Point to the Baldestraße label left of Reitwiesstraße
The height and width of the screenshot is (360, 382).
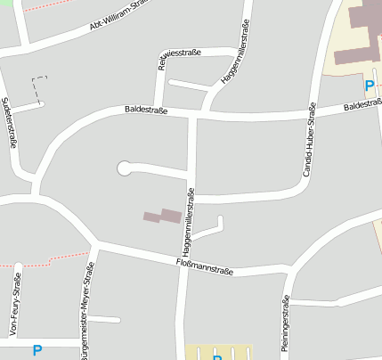pos(147,110)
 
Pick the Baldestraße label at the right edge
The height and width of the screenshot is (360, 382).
pos(362,105)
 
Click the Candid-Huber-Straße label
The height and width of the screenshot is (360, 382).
pos(310,139)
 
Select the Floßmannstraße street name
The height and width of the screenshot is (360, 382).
pos(205,265)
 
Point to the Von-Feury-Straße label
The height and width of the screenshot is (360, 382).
pos(15,307)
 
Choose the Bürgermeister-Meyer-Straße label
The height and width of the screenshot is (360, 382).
pos(85,315)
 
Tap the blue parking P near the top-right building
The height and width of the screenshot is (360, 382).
pos(369,86)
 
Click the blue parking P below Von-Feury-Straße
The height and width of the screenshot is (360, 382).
pos(37,351)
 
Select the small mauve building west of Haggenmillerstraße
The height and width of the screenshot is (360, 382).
pos(162,217)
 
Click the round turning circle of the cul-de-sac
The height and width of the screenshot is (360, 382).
pos(124,167)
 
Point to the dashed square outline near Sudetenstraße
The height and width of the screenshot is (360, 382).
pos(39,88)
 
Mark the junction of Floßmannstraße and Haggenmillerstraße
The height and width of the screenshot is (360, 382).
pos(183,260)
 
